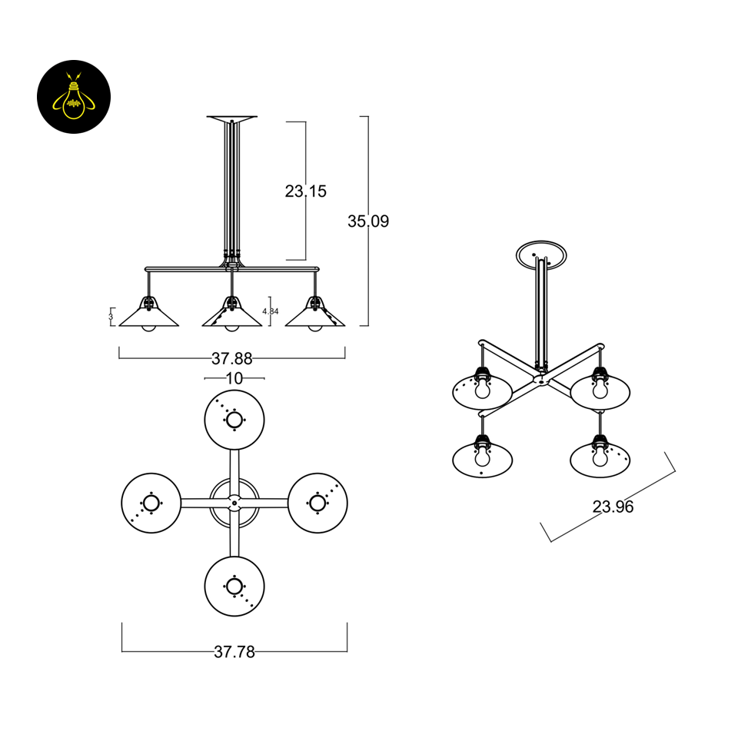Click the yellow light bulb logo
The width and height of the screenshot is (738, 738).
click(x=74, y=97)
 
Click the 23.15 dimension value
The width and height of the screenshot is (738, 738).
click(x=305, y=191)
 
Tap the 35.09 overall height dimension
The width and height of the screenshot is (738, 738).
click(x=368, y=221)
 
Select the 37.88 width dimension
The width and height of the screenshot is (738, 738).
click(x=231, y=358)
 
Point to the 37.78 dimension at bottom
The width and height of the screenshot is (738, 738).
click(x=234, y=652)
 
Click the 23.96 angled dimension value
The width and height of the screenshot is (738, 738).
click(x=613, y=507)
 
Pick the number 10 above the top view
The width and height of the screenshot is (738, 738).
click(x=234, y=378)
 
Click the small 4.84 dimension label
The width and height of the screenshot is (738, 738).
click(x=270, y=311)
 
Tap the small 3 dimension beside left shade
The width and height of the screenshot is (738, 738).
click(x=111, y=315)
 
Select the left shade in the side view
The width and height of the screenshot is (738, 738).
click(x=148, y=317)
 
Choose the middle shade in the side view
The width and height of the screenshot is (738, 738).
click(x=231, y=317)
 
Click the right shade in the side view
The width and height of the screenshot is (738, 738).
click(x=315, y=317)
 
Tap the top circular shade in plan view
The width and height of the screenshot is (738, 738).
click(x=234, y=420)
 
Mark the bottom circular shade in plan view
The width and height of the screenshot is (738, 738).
click(x=234, y=586)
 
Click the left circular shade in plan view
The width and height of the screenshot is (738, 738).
click(x=151, y=503)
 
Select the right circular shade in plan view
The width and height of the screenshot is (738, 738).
click(x=317, y=503)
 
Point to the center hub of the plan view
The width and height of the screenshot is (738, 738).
click(x=234, y=503)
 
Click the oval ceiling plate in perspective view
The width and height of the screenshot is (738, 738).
click(x=543, y=254)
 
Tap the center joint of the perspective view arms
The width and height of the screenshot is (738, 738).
click(x=541, y=378)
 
